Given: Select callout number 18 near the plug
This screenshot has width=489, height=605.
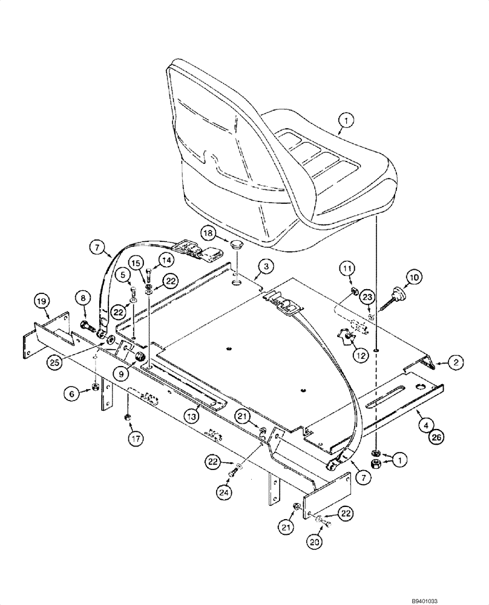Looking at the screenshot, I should pos(207,233).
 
